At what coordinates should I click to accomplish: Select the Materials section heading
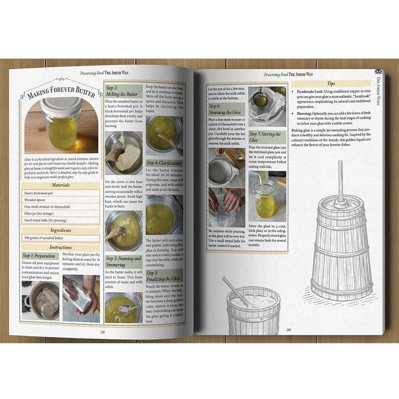pyautogui.click(x=61, y=185)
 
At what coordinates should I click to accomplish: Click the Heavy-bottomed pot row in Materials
pyautogui.click(x=61, y=193)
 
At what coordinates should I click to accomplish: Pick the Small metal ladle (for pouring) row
pyautogui.click(x=61, y=220)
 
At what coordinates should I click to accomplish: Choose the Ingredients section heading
pyautogui.click(x=61, y=230)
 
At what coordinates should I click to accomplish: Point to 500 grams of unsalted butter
pyautogui.click(x=61, y=239)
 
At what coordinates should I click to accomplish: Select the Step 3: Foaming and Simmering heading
pyautogui.click(x=123, y=261)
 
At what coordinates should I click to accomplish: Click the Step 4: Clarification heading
pyautogui.click(x=164, y=163)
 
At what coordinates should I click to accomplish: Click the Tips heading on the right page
pyautogui.click(x=331, y=84)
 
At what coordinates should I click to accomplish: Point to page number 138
pyautogui.click(x=102, y=332)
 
